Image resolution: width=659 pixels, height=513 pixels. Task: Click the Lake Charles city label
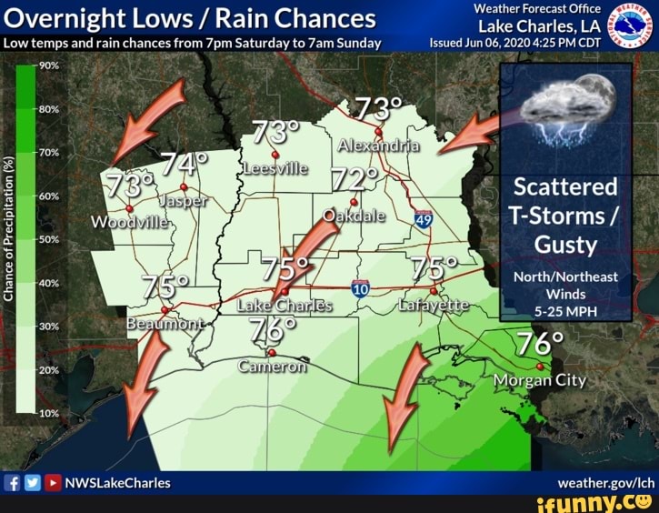[285, 306]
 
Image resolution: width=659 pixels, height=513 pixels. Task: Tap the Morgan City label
[541, 380]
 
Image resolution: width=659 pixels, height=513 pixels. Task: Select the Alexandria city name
[378, 146]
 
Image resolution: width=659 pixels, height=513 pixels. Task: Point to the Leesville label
[275, 169]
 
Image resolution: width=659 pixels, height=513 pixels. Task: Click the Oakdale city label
[354, 216]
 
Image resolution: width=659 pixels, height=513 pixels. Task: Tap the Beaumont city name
[165, 324]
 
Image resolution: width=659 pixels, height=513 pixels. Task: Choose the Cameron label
[272, 367]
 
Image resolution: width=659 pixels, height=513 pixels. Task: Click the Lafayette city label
[434, 306]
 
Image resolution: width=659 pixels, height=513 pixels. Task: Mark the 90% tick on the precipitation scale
[48, 65]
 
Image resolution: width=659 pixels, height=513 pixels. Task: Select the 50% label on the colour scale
[48, 238]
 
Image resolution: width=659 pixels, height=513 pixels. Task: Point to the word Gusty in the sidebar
[565, 245]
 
